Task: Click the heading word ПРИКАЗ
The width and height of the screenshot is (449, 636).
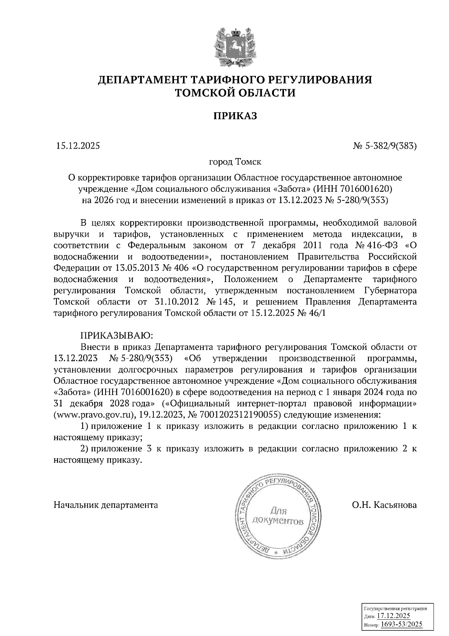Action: tap(235, 116)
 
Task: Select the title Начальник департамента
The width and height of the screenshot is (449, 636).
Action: tap(106, 505)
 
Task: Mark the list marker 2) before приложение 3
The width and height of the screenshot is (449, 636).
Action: tap(85, 449)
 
